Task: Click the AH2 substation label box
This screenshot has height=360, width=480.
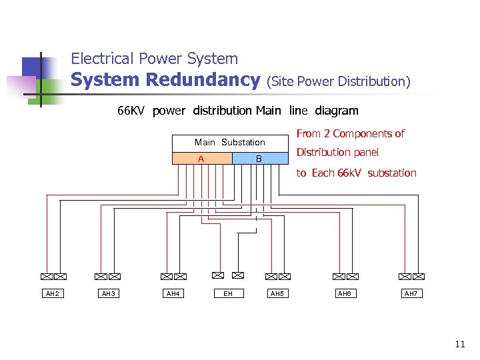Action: pyautogui.click(x=52, y=294)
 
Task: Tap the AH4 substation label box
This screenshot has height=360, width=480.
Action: pyautogui.click(x=173, y=294)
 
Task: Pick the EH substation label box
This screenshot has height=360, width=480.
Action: pyautogui.click(x=228, y=294)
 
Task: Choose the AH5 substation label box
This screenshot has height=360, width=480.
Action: pyautogui.click(x=277, y=294)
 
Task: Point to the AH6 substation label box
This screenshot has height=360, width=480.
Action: pyautogui.click(x=345, y=294)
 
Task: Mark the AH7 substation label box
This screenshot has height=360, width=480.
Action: pyautogui.click(x=411, y=294)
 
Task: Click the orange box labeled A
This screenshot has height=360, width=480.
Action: pyautogui.click(x=201, y=159)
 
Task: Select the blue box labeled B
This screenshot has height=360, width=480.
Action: pyautogui.click(x=259, y=159)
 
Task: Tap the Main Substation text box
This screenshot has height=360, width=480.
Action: pyautogui.click(x=230, y=142)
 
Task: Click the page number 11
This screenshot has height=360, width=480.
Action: pyautogui.click(x=459, y=345)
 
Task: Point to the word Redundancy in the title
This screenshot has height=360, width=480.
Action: pyautogui.click(x=203, y=80)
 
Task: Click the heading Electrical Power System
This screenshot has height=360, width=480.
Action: pyautogui.click(x=154, y=59)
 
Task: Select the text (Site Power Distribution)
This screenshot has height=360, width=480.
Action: pyautogui.click(x=338, y=81)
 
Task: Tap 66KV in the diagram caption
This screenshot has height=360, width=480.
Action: pyautogui.click(x=131, y=111)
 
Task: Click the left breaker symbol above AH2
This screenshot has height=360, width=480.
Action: pyautogui.click(x=46, y=276)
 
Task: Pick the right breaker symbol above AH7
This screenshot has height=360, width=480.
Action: pyautogui.click(x=419, y=276)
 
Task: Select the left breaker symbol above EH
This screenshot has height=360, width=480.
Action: pyautogui.click(x=217, y=275)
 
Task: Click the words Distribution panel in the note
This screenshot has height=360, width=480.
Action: pyautogui.click(x=337, y=153)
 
